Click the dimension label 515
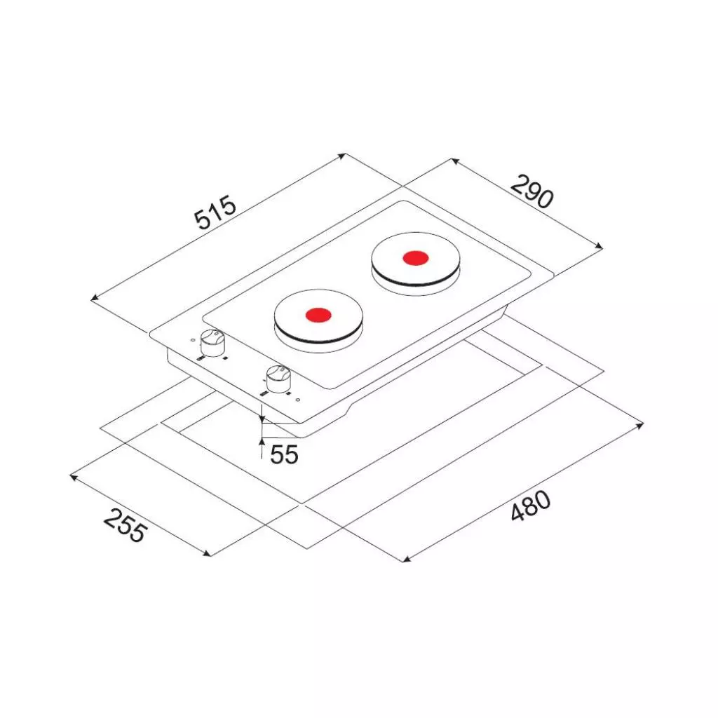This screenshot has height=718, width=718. (x=215, y=212)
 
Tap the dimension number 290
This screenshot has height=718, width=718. (x=531, y=191)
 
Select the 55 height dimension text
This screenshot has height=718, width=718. (x=284, y=454)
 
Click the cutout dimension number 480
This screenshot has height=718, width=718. (x=530, y=506)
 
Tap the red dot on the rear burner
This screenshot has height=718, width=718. (x=415, y=258)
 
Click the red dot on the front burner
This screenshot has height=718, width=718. (x=318, y=315)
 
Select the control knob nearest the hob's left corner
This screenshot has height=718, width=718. (x=213, y=344)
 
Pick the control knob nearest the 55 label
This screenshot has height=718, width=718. (x=278, y=379)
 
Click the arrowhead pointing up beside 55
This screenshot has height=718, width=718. (x=262, y=442)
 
